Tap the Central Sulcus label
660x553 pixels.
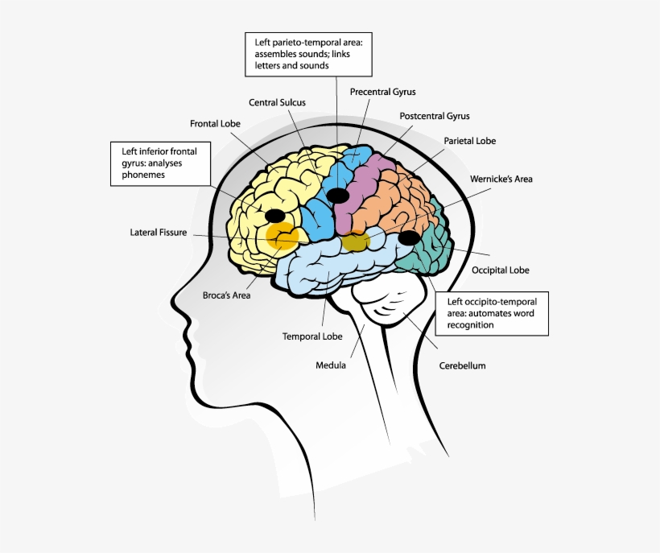tap(276, 102)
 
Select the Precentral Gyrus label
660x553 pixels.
tap(382, 92)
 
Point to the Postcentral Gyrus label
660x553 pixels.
tap(435, 116)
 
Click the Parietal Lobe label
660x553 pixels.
tap(470, 141)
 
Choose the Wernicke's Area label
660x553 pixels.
tap(501, 179)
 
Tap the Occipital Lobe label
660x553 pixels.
tap(500, 270)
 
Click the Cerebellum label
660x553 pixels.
tap(462, 365)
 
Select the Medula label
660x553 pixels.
tap(331, 365)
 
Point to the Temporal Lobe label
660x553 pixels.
tap(312, 336)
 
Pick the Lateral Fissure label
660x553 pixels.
tap(159, 233)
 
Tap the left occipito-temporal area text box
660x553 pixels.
tap(492, 313)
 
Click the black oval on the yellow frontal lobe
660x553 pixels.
tap(275, 215)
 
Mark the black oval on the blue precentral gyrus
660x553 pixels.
tap(338, 195)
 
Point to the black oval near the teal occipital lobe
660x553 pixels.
tap(409, 237)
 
